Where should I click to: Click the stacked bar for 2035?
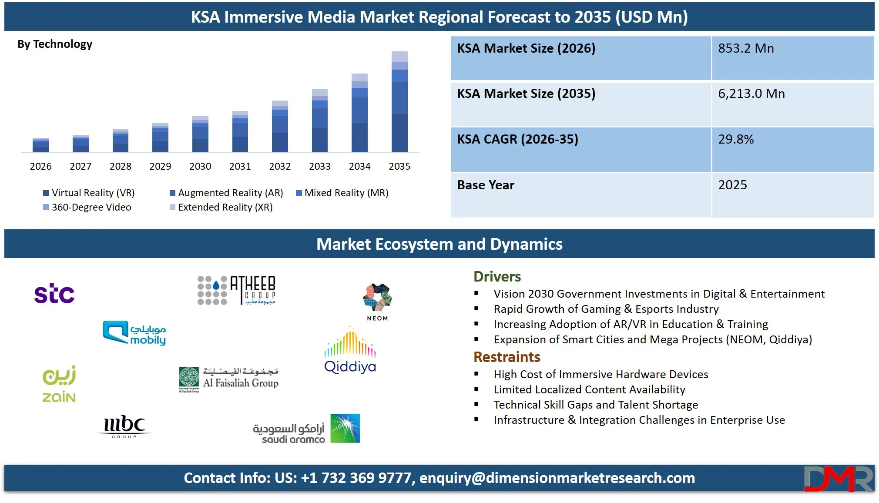pos(399,102)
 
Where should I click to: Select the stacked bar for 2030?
pos(200,134)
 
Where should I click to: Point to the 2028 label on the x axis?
pos(121,167)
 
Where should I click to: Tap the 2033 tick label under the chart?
pos(320,167)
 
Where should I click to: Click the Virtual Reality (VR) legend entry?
pos(89,193)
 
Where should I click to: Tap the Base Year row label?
pos(486,185)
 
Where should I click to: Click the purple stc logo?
pos(54,294)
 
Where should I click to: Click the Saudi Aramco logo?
pos(306,429)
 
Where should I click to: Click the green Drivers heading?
pos(497,277)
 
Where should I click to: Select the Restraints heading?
pos(507,357)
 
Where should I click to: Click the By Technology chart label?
pos(55,44)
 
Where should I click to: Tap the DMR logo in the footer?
pos(838,479)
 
